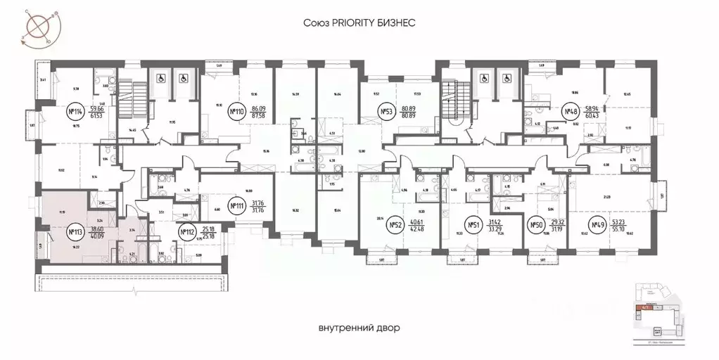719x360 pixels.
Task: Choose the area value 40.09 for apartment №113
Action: tap(97, 236)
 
